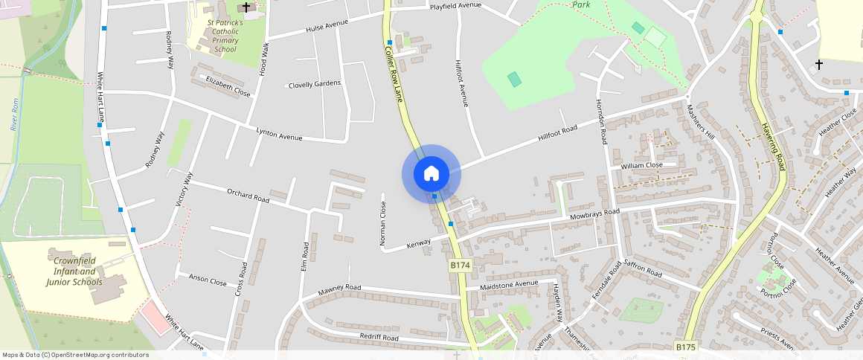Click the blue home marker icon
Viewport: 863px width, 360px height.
click(431, 174)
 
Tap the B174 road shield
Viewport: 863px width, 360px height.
click(461, 265)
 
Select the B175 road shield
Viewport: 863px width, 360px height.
click(685, 347)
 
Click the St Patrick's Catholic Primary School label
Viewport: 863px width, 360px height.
click(225, 36)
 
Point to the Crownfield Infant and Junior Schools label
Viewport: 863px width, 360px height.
click(74, 271)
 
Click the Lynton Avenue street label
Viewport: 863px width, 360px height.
click(279, 134)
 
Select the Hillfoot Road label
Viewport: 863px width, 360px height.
click(557, 135)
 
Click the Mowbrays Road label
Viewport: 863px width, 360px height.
click(594, 213)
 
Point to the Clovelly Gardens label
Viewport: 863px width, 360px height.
click(315, 83)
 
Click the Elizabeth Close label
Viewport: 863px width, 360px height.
click(228, 86)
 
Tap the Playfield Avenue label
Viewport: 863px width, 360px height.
click(456, 7)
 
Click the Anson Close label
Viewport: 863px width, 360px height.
click(208, 281)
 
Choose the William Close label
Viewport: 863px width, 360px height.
click(641, 165)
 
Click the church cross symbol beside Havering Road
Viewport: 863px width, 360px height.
click(819, 65)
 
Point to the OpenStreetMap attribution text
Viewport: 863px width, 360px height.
click(75, 355)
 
